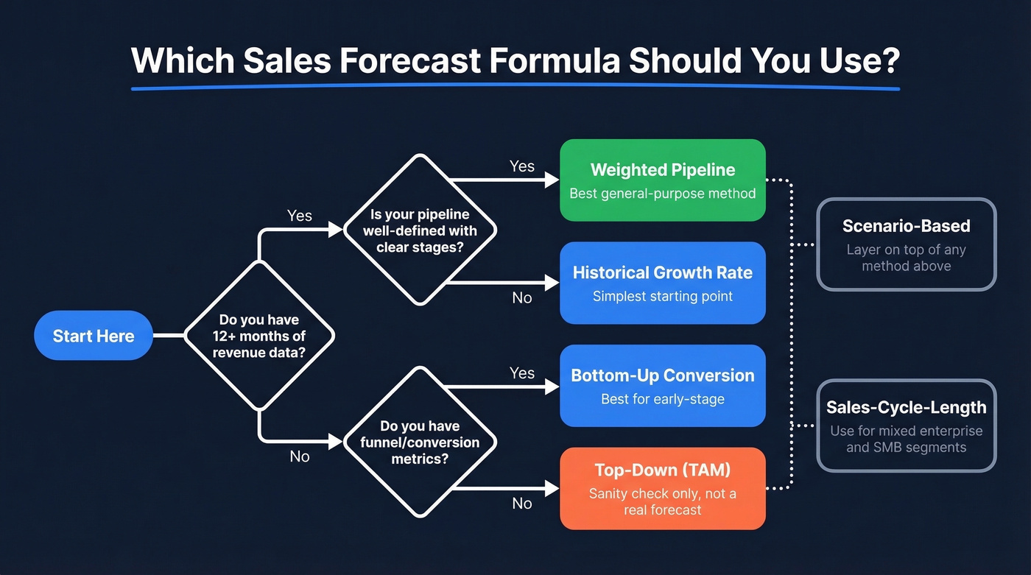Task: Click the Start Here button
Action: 94,336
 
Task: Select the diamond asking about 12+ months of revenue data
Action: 258,336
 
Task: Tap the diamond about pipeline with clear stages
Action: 420,230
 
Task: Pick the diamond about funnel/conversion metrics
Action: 420,442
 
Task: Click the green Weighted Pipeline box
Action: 662,180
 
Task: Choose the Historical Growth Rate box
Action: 662,283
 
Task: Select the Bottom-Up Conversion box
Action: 662,386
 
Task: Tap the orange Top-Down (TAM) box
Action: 662,488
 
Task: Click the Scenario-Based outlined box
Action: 906,244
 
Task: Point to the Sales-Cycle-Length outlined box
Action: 906,426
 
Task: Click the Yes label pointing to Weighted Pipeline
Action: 522,166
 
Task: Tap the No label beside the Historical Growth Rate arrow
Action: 522,297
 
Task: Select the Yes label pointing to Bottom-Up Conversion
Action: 522,373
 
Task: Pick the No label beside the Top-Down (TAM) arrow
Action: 522,504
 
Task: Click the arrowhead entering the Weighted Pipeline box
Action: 552,180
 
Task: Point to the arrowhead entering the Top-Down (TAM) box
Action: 552,488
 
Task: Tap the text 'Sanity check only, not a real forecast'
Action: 662,501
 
